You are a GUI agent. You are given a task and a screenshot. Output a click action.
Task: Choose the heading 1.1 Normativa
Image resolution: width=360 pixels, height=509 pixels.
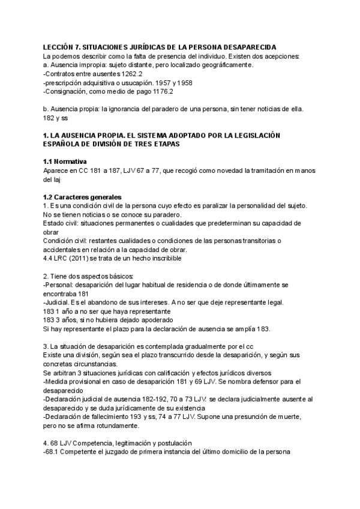pos(65,162)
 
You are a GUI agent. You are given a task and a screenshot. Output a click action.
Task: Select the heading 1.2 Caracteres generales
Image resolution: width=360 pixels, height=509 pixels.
pos(82,197)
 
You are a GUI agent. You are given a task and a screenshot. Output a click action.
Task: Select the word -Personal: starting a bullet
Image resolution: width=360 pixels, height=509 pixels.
pos(59,285)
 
